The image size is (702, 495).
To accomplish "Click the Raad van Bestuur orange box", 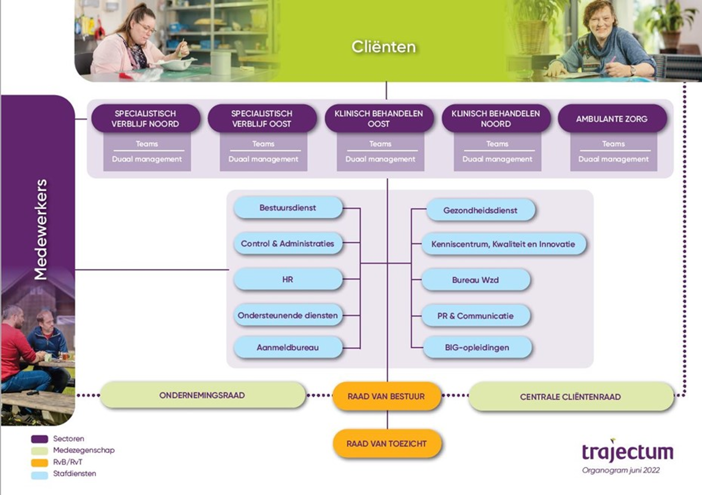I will (386, 396).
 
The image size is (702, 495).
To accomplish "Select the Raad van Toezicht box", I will (387, 444).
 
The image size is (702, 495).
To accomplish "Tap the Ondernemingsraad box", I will (202, 395).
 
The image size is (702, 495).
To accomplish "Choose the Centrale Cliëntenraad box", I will (570, 397).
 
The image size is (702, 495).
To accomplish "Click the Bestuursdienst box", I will (288, 207).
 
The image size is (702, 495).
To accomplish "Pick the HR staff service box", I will (288, 279).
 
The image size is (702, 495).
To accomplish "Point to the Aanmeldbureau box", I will (288, 347).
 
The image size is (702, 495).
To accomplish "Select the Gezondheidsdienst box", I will (480, 210).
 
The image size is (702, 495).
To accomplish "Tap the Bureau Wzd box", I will (475, 280).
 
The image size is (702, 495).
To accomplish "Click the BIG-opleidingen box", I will (477, 347).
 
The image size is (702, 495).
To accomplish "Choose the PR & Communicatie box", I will (475, 316).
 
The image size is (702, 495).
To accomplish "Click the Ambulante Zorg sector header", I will (612, 119).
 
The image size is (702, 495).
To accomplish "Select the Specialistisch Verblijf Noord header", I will (146, 119).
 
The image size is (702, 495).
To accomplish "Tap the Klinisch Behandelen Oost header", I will (378, 119).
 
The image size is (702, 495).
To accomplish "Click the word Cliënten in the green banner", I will (383, 47).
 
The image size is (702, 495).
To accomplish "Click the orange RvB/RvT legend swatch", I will (39, 463).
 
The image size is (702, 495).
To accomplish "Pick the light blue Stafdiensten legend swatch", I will (39, 474).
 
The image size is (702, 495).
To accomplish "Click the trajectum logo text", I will (628, 452).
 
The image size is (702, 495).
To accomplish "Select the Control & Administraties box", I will (288, 243).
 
